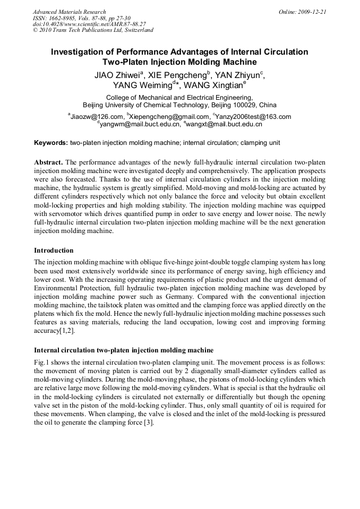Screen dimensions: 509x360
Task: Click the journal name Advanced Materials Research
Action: tap(69, 12)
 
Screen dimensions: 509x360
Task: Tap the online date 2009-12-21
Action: tap(312, 12)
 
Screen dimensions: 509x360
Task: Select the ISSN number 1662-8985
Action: tap(65, 18)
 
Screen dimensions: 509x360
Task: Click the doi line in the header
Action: tap(89, 24)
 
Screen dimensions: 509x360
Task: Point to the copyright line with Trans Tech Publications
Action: tap(93, 30)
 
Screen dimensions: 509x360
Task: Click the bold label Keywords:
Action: tap(51, 143)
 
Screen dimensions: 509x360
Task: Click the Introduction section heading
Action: tap(54, 250)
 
